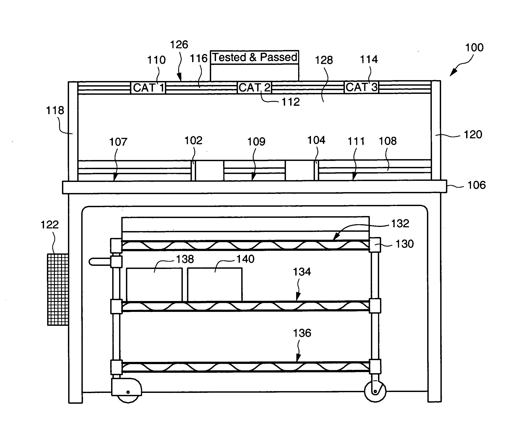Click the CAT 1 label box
point(148,88)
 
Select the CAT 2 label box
point(255,88)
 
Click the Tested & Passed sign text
point(255,57)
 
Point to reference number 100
point(474,47)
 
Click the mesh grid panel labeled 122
point(58,290)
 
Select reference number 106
point(477,185)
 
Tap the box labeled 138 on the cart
point(154,285)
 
